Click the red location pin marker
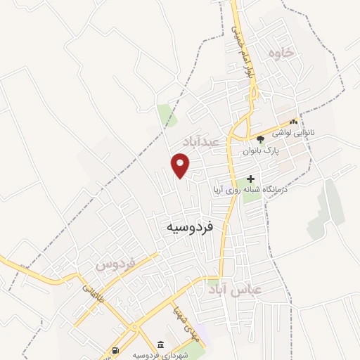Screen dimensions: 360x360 [x=181, y=166]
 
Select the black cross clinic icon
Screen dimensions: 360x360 [x=251, y=179]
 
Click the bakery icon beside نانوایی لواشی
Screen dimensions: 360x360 [x=293, y=121]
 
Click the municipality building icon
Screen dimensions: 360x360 [x=161, y=345]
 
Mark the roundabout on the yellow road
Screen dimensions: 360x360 [x=133, y=326]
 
